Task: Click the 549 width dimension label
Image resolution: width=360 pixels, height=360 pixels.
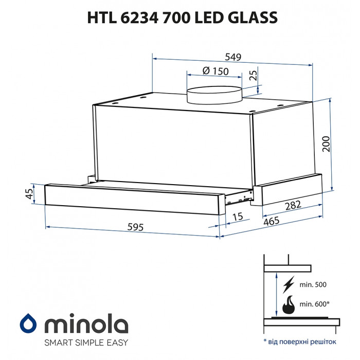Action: [x=232, y=57]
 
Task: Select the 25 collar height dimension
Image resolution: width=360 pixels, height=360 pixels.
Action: [x=253, y=76]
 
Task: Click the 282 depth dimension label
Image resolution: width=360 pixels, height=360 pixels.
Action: [x=293, y=206]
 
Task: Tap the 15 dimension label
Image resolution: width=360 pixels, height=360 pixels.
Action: [x=237, y=218]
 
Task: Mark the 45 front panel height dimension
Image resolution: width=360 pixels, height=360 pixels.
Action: [x=29, y=193]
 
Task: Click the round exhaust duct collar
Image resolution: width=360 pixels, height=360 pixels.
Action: [x=214, y=96]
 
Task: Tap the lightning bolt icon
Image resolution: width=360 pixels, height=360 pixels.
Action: [x=289, y=284]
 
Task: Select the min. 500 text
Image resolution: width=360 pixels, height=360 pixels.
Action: [x=313, y=284]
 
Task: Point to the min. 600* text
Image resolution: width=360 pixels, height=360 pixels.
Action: [x=314, y=304]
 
